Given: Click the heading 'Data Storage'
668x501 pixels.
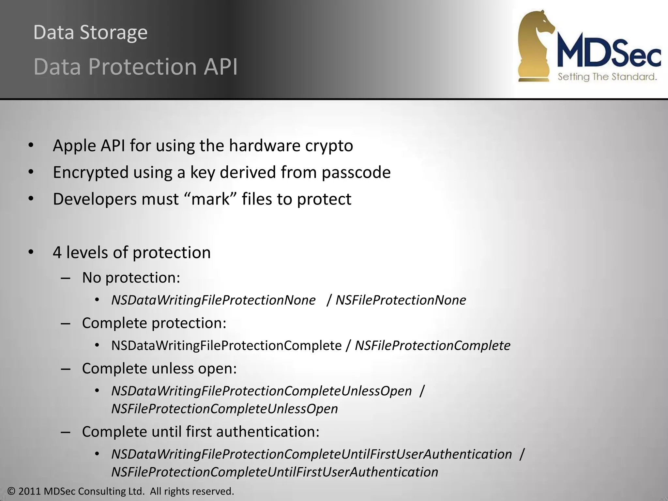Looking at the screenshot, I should (x=90, y=33).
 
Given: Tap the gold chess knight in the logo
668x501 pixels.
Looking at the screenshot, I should (x=535, y=46).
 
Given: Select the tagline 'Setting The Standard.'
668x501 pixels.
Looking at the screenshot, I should (x=607, y=77).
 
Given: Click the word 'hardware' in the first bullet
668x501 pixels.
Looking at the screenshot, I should (x=264, y=145).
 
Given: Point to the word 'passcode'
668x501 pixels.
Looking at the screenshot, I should (x=356, y=172).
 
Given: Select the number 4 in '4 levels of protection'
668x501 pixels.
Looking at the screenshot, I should (x=57, y=253).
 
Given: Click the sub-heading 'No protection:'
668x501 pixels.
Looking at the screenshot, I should (x=131, y=278).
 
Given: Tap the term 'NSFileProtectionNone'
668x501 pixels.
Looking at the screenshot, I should (x=401, y=300).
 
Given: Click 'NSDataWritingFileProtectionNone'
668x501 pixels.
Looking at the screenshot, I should (x=213, y=300).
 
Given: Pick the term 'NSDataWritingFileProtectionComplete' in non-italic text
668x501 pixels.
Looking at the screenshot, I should (x=226, y=345).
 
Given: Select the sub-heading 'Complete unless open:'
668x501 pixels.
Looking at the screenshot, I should (x=159, y=369).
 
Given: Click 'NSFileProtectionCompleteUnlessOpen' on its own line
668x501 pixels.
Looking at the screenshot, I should (x=224, y=409).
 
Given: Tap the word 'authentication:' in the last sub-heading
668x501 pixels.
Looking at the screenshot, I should (x=267, y=432).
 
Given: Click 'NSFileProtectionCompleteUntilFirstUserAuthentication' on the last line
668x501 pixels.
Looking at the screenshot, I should (x=275, y=472).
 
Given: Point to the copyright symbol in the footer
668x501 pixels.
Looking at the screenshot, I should (x=11, y=491).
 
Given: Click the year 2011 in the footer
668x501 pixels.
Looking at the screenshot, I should (x=30, y=491).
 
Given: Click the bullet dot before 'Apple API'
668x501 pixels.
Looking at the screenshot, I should (x=31, y=145).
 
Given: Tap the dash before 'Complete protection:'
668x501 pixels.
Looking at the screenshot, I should (x=66, y=323).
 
